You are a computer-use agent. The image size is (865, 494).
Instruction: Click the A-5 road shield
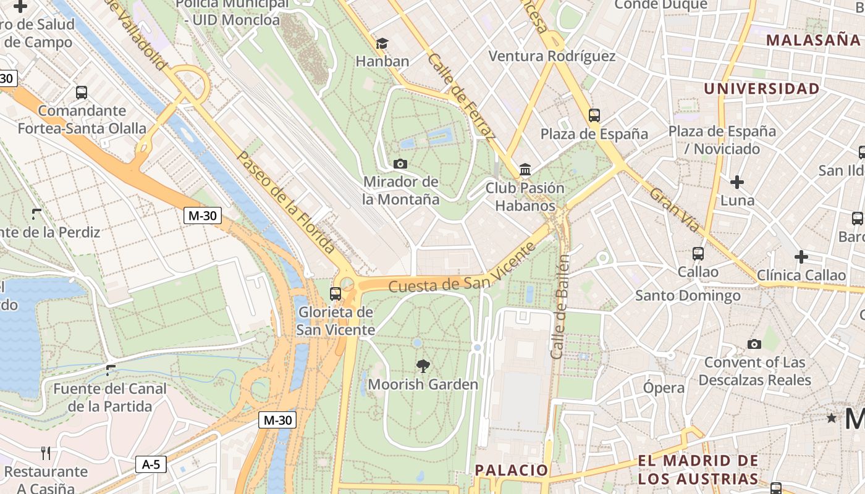point(151,464)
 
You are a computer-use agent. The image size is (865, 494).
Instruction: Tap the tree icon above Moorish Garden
point(423,366)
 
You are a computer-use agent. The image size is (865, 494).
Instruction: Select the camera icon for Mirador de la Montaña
point(400,164)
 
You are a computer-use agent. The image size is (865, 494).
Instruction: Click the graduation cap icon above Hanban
point(382,43)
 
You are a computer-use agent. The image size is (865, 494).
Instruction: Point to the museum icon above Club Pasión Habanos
point(525,169)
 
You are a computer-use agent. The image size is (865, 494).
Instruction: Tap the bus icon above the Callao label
point(698,253)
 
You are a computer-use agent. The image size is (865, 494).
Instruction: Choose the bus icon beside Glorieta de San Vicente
point(335,293)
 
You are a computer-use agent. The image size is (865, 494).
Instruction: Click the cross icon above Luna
point(737,182)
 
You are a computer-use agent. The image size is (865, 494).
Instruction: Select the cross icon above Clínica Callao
point(801,257)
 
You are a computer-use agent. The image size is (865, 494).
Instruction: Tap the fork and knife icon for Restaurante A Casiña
point(46,453)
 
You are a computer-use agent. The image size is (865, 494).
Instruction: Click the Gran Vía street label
point(675,210)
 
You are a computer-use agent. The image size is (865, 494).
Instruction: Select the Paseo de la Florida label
point(285,203)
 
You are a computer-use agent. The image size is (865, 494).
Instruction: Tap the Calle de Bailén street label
point(560,306)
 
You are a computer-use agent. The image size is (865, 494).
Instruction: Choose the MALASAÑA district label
point(813,40)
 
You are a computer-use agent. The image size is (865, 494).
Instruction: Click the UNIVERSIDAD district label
point(761,88)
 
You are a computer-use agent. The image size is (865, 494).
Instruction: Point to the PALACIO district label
point(511,470)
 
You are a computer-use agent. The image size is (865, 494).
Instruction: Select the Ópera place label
point(664,388)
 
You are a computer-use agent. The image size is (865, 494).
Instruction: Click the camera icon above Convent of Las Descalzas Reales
point(754,344)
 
